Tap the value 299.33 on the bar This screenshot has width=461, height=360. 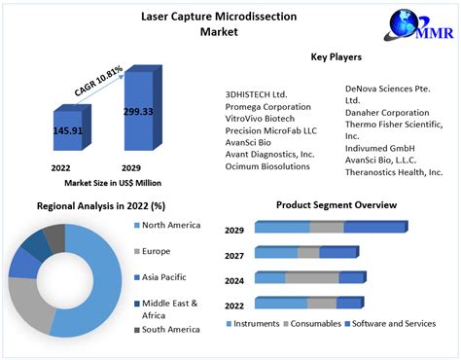137,112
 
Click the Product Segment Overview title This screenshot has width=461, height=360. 337,205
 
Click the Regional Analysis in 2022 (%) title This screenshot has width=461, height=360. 100,206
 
